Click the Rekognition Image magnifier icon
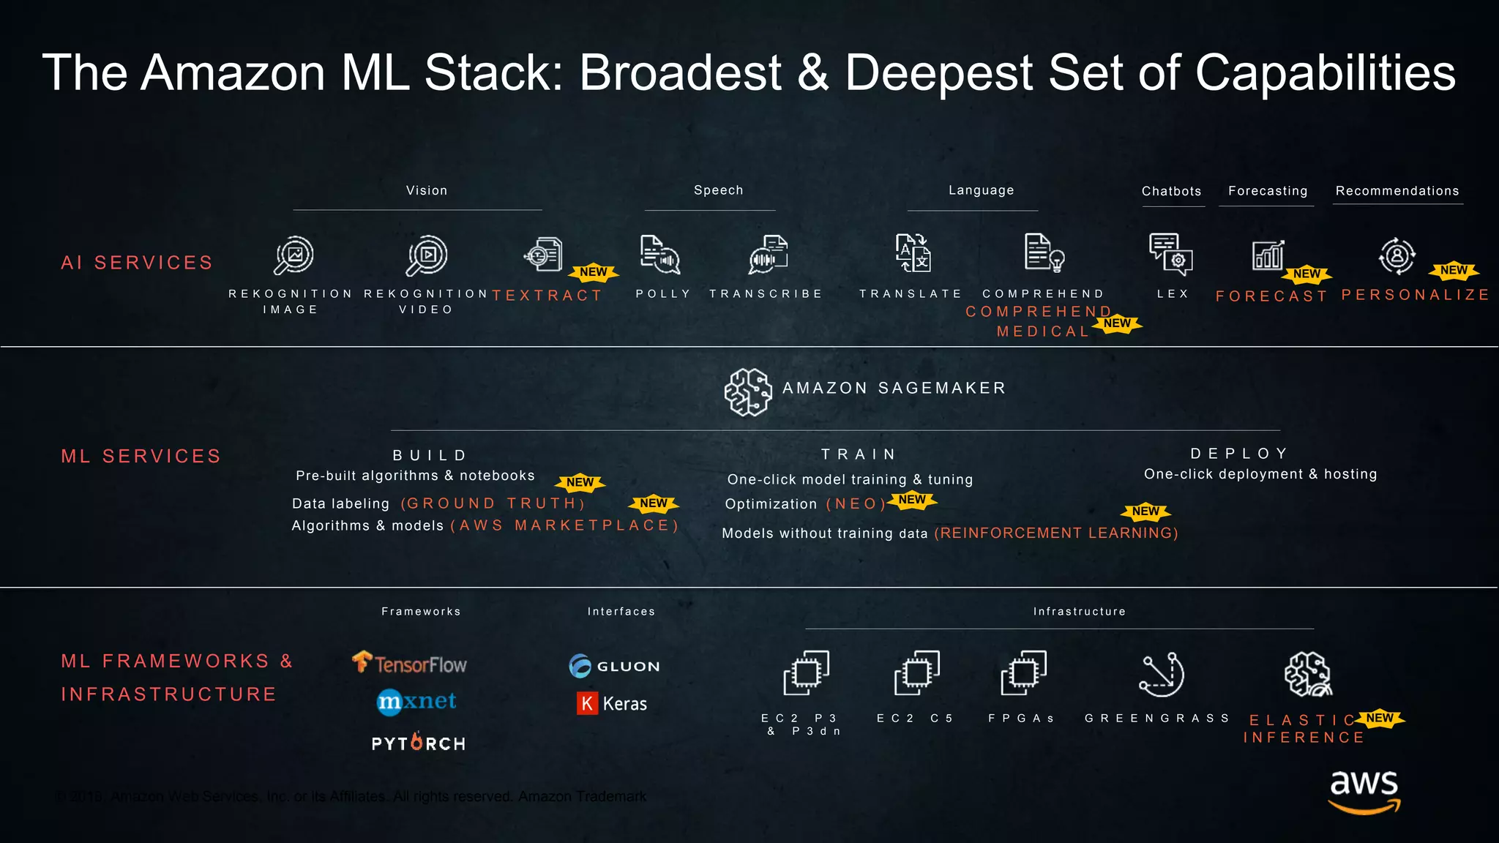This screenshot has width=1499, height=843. [x=294, y=255]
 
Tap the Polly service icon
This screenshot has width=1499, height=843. [x=659, y=255]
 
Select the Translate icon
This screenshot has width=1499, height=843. [x=913, y=253]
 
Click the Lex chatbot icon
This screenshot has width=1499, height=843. [x=1170, y=255]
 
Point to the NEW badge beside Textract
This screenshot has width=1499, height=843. [x=594, y=272]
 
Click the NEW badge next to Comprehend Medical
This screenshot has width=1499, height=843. [x=1117, y=323]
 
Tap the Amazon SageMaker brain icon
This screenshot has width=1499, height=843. [x=747, y=392]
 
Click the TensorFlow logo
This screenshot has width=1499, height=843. [x=410, y=663]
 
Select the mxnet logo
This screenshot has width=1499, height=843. [x=416, y=702]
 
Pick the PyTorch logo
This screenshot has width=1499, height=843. [x=418, y=743]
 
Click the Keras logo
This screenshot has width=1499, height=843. [x=612, y=703]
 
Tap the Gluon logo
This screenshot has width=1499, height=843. [x=614, y=666]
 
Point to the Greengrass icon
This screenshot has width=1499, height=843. [x=1162, y=675]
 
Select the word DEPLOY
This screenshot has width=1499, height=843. [x=1239, y=454]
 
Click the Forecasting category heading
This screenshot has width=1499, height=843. [x=1268, y=191]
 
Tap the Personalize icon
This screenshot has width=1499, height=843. [x=1397, y=256]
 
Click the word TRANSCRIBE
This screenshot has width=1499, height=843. [x=766, y=294]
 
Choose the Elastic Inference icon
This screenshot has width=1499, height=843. [x=1308, y=674]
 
